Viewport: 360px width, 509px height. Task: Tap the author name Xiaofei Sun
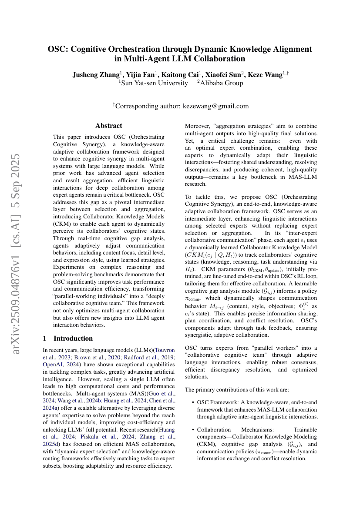(x=217, y=75)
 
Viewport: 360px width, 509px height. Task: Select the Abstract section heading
(x=109, y=126)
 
